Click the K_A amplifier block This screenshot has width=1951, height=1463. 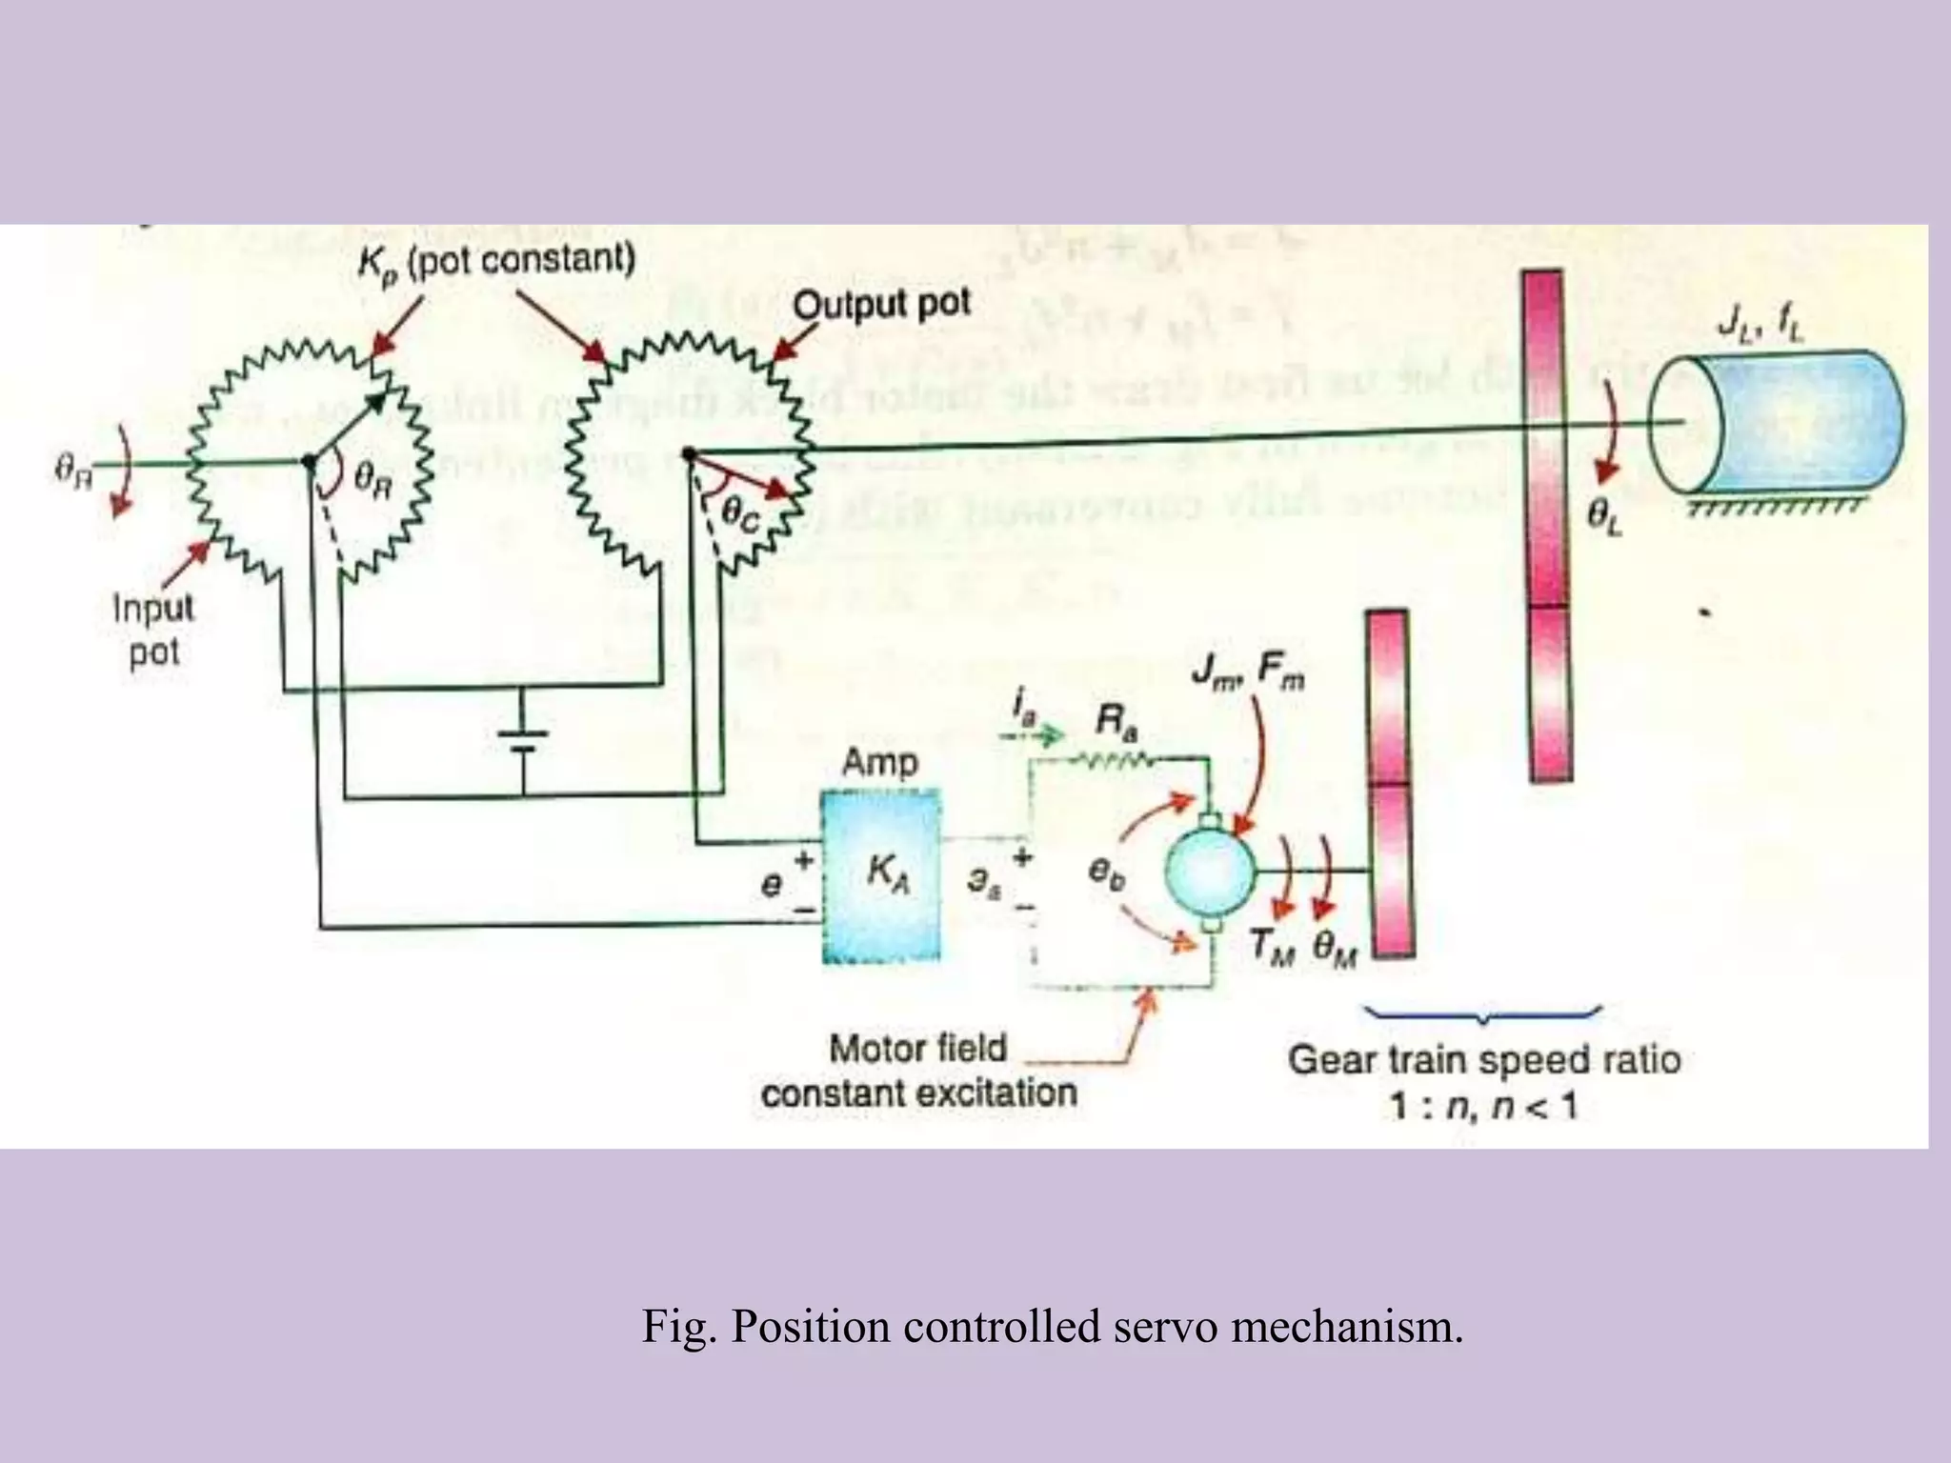[x=881, y=874]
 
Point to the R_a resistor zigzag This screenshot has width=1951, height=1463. [x=1112, y=758]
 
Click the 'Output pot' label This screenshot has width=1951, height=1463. [x=881, y=304]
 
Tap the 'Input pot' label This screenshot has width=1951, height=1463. [x=153, y=630]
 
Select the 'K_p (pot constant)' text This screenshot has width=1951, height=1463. [x=495, y=260]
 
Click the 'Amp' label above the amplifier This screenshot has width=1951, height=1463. [x=879, y=762]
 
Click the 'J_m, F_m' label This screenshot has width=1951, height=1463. [x=1248, y=671]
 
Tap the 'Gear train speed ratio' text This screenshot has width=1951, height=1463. [x=1483, y=1059]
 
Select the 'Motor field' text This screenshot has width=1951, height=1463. [x=917, y=1048]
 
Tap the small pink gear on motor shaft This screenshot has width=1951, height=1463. [x=1390, y=783]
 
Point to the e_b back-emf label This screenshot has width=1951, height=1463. [x=1106, y=872]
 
